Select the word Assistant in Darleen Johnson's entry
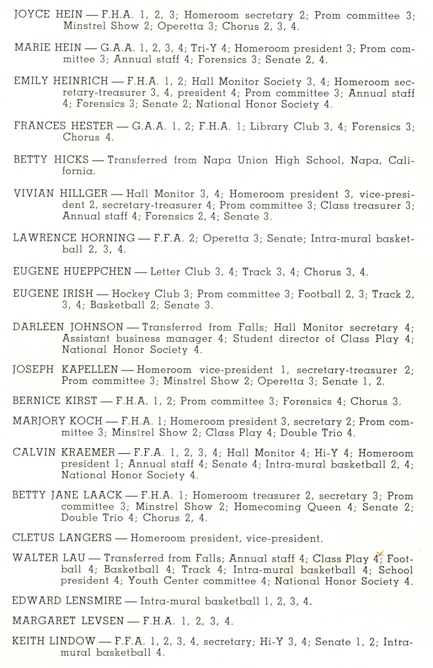(86, 339)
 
